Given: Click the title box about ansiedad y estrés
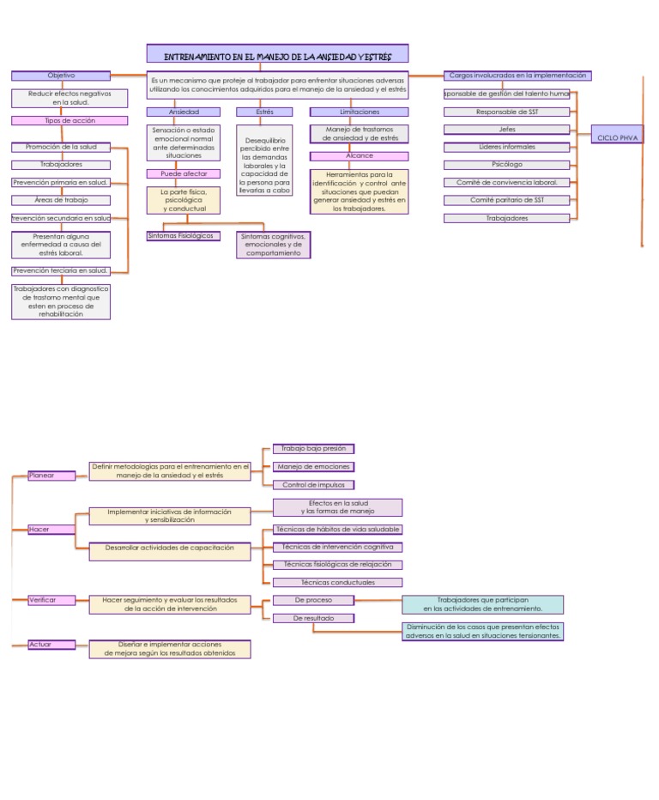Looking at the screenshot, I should [277, 55].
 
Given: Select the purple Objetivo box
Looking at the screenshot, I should [61, 76].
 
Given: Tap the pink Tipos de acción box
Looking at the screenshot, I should [61, 121].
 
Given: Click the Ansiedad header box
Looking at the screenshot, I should [184, 112].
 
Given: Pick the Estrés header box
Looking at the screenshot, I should [264, 112].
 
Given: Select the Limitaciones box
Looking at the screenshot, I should [359, 112].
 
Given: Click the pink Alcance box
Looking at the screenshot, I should [359, 156].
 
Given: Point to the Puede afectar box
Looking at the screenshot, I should [184, 174].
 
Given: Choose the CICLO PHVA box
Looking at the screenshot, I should [618, 137].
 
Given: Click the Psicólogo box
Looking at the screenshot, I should [506, 165].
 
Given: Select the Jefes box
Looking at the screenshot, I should [506, 130].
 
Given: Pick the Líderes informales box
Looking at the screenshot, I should [506, 148].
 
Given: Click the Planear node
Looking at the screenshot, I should [51, 475].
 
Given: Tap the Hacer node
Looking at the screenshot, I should [51, 530].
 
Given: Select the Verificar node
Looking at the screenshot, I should [51, 600].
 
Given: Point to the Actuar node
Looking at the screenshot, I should [51, 644].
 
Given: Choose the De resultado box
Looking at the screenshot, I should [314, 618].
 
